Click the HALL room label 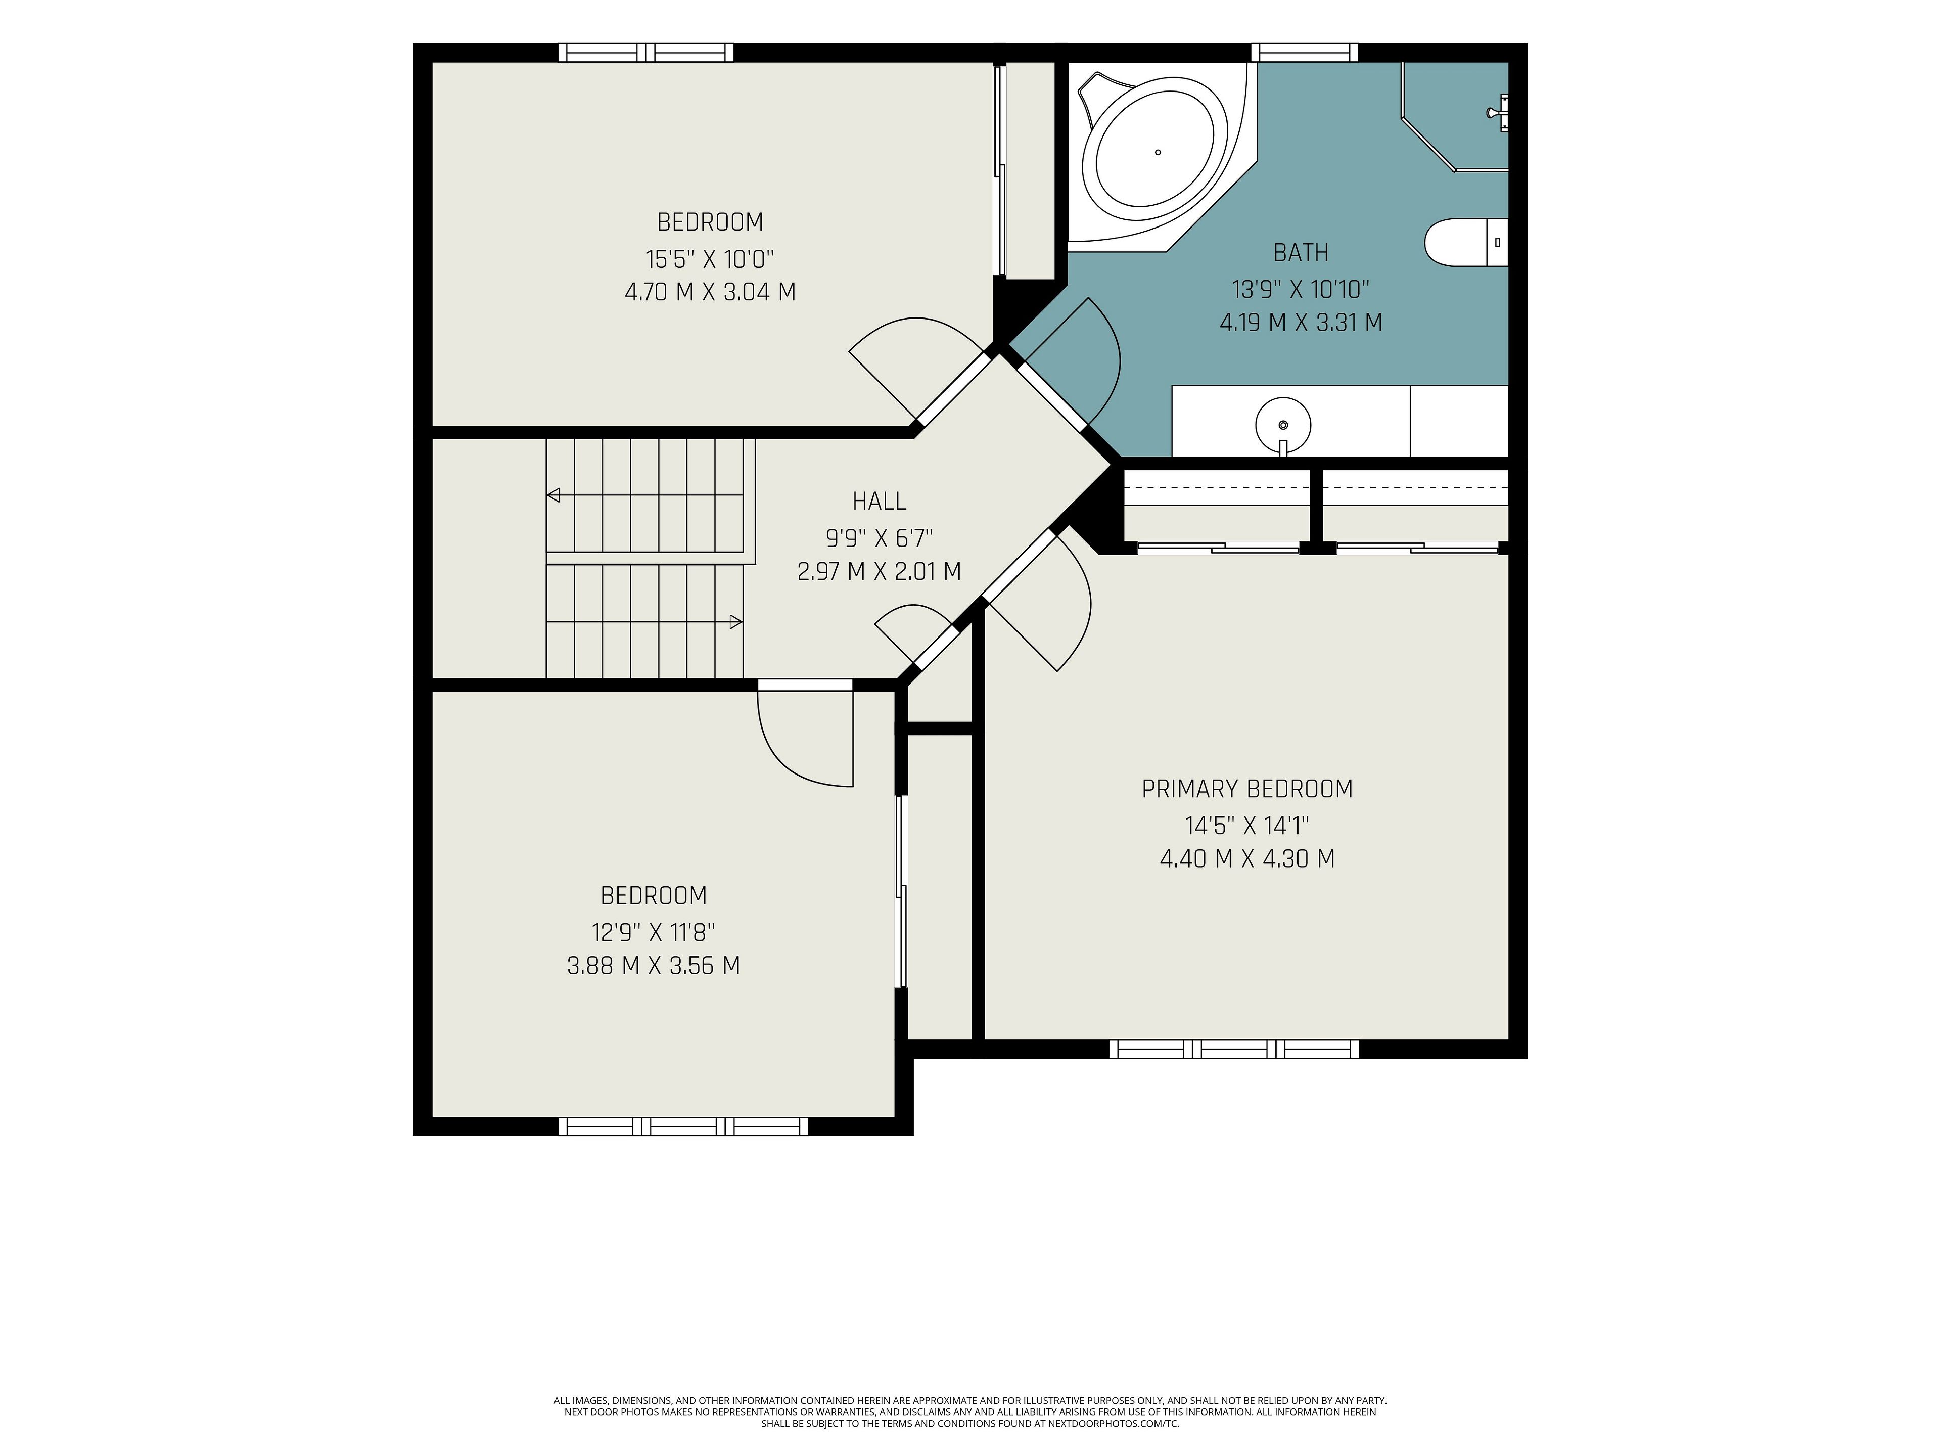click(879, 501)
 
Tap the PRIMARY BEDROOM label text click(1247, 789)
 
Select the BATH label click(1301, 253)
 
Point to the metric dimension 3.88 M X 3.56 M click(654, 966)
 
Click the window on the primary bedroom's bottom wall click(1234, 1049)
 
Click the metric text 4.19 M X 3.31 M click(1301, 323)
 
